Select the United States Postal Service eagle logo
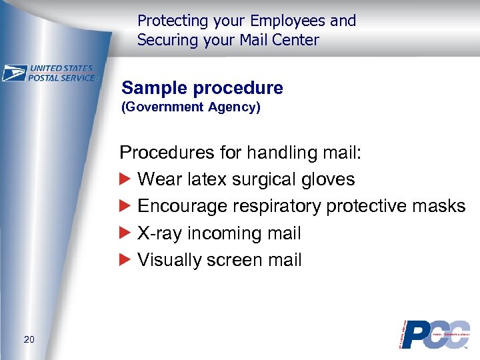[15, 73]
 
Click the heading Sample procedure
[202, 88]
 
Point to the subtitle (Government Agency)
[191, 107]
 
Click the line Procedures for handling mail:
[240, 153]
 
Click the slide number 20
[29, 340]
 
